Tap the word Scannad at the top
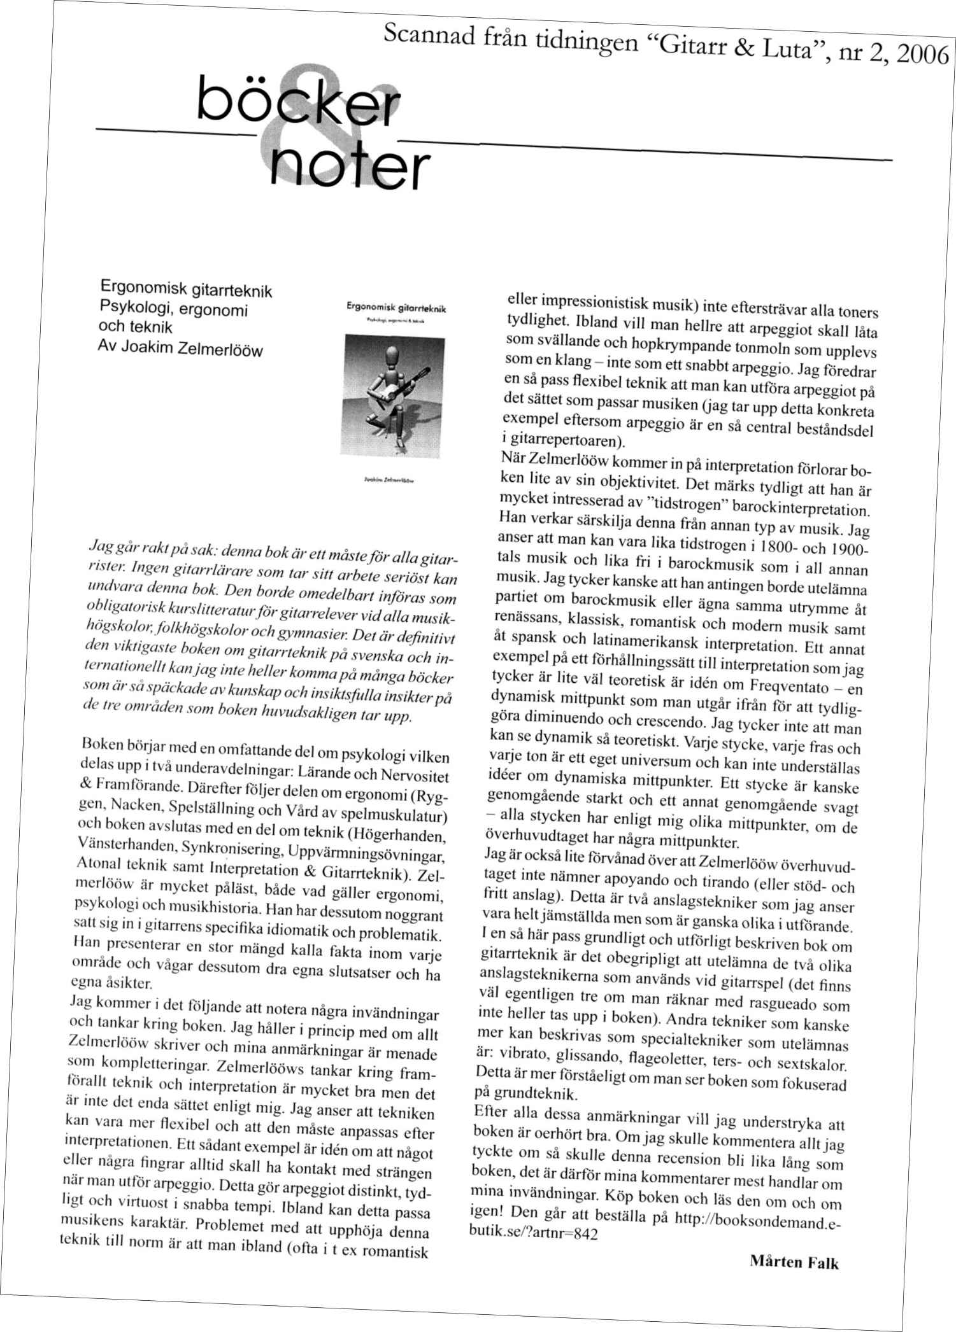coord(424,29)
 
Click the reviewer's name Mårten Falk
coord(795,1261)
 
